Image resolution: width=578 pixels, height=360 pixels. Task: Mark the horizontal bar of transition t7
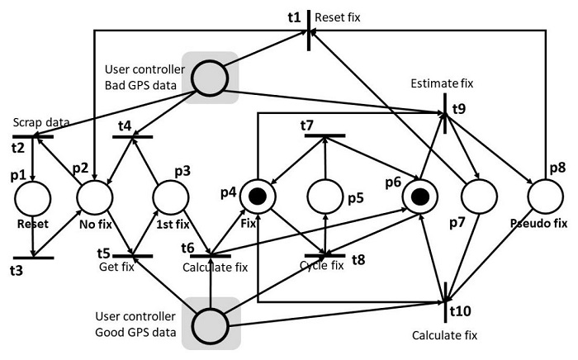coord(324,135)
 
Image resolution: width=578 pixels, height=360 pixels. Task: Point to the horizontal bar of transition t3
coord(33,258)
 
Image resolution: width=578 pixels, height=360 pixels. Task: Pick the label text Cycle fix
coord(321,265)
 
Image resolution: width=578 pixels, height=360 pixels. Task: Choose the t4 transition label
coord(124,126)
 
